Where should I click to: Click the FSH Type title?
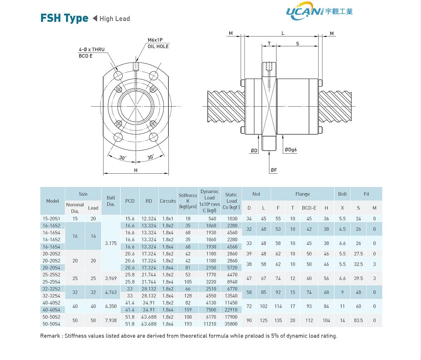[64, 18]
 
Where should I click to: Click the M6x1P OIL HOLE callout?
[158, 43]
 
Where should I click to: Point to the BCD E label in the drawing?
[86, 56]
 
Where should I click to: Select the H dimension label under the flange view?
[136, 170]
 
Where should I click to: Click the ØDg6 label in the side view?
[290, 150]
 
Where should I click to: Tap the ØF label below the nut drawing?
[274, 170]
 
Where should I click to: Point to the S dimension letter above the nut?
[298, 44]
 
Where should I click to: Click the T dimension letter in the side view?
[269, 44]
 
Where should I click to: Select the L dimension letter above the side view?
[283, 33]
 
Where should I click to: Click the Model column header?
[53, 201]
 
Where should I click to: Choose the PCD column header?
[130, 201]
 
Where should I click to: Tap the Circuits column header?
[168, 201]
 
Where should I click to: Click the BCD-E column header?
[309, 208]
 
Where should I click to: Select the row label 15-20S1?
[51, 219]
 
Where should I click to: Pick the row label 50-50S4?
[51, 324]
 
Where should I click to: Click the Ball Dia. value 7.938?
[111, 320]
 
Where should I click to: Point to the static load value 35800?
[231, 324]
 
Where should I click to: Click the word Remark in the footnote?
[50, 336]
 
